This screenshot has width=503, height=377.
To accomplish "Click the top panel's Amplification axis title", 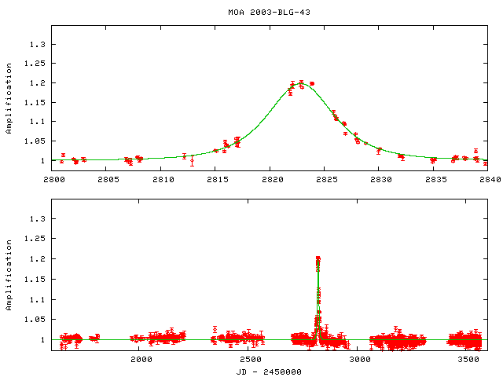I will click(9, 104).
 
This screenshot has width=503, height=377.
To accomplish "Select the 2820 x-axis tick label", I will click(270, 180).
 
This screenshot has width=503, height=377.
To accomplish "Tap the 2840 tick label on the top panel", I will click(488, 180).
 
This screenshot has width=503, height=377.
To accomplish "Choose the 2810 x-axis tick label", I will click(163, 180).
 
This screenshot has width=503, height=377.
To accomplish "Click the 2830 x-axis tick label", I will click(380, 180).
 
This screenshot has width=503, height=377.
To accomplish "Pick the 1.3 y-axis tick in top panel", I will click(39, 44).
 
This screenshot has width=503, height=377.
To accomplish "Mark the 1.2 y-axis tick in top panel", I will click(39, 82).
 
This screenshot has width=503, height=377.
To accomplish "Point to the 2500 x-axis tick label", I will click(251, 360).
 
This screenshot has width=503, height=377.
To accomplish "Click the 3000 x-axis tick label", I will click(360, 360).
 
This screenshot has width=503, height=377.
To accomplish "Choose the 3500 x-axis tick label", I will click(469, 360).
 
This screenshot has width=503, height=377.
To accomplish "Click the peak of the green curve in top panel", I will click(300, 82).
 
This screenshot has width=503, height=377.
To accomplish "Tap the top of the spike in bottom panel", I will click(318, 258).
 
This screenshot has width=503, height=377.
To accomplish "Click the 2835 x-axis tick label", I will click(434, 180).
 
